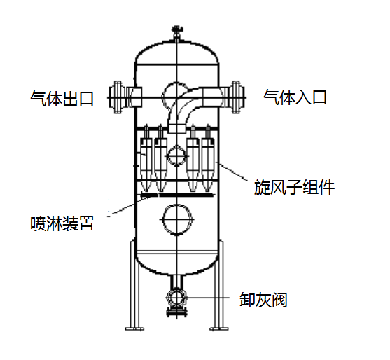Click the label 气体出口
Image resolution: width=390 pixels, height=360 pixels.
pos(62,99)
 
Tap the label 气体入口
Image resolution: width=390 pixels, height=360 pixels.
pos(295,97)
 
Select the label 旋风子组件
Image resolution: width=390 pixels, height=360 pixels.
pos(294,187)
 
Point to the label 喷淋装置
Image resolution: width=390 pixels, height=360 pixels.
pos(62,223)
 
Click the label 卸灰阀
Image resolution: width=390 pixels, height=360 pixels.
pos(263,300)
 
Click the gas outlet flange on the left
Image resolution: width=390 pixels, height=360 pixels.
pos(118,97)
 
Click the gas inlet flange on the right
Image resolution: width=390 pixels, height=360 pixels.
pos(236,97)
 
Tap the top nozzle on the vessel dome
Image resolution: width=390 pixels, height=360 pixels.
pos(176,34)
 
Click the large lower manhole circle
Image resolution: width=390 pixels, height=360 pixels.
pos(163,220)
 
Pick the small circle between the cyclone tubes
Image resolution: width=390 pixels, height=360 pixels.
pos(167,156)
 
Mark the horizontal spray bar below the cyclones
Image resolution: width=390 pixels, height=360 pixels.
pos(177,195)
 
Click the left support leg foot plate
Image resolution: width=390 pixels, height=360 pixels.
pos(134,329)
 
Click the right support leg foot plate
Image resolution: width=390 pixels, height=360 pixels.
pos(219,329)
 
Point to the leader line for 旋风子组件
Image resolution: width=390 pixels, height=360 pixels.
pos(232,171)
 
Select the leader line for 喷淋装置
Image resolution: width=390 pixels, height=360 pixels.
pos(130,206)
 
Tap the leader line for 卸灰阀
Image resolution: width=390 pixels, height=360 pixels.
pos(209,298)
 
